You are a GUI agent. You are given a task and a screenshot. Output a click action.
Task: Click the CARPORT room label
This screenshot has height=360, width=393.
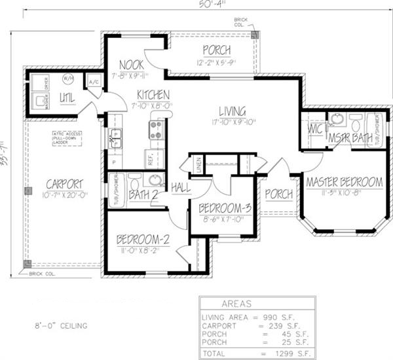pos(64,183)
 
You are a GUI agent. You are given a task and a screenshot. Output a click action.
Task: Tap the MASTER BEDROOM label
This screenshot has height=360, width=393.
pos(344,181)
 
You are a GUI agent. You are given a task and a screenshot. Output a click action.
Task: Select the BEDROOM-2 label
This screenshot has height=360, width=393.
pos(143,240)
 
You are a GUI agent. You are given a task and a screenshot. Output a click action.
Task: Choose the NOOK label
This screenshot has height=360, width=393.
pos(132,64)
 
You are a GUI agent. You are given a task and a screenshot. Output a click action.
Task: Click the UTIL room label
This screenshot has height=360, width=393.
pos(67,98)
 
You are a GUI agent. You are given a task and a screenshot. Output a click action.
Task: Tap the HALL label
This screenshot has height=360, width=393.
pos(181,188)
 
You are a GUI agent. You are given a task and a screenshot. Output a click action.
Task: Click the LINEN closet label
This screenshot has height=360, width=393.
pos(196,168)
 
